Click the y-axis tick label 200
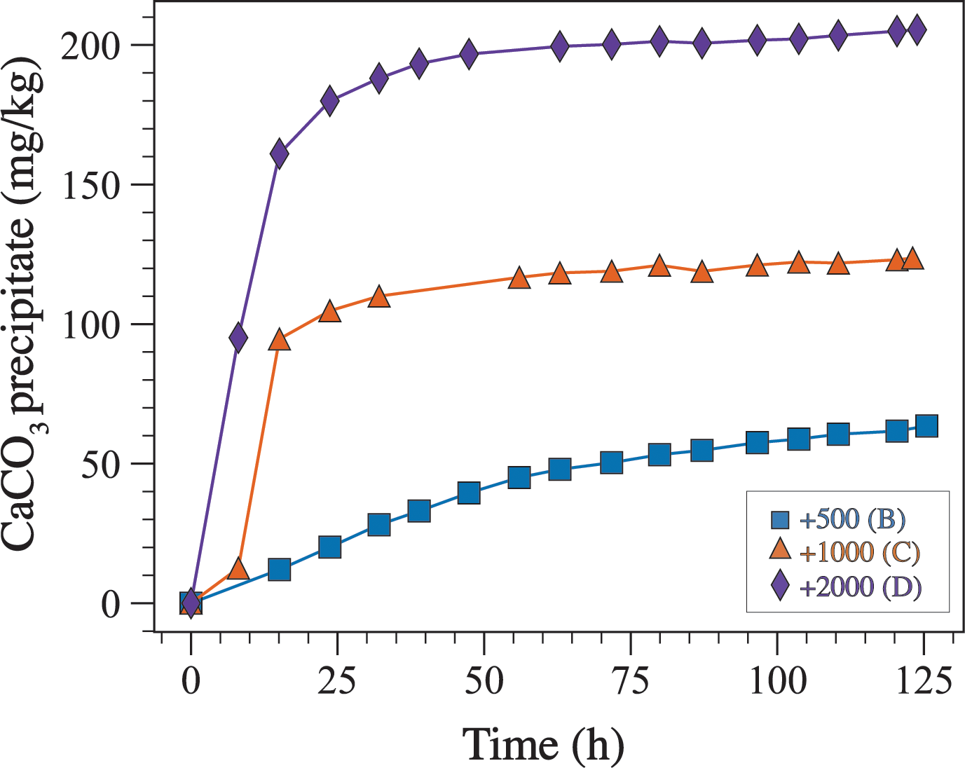pyautogui.click(x=90, y=46)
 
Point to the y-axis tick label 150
pyautogui.click(x=92, y=186)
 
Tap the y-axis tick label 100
pyautogui.click(x=92, y=325)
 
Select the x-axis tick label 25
pyautogui.click(x=338, y=680)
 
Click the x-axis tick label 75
pyautogui.click(x=631, y=680)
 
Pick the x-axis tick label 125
pyautogui.click(x=924, y=680)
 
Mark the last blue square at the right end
pyautogui.click(x=926, y=425)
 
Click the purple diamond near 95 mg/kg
pyautogui.click(x=238, y=338)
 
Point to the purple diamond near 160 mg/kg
pyautogui.click(x=280, y=153)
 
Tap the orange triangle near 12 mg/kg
pyautogui.click(x=238, y=568)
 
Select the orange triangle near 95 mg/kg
pyautogui.click(x=280, y=341)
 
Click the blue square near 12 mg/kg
pyautogui.click(x=280, y=570)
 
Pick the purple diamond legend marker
pyautogui.click(x=780, y=586)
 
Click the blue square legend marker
pyautogui.click(x=780, y=520)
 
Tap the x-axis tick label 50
pyautogui.click(x=484, y=680)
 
